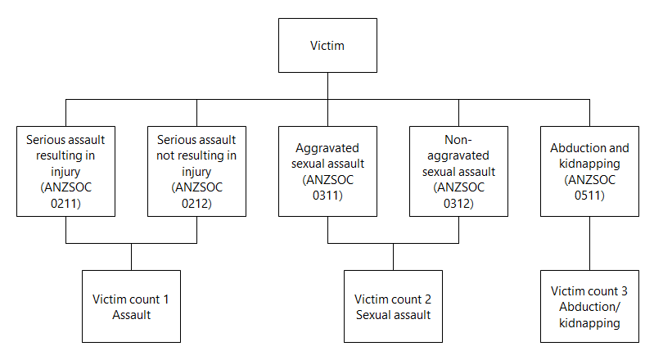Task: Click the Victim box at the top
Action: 327,46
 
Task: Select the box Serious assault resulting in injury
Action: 65,171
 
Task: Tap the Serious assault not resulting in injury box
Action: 196,171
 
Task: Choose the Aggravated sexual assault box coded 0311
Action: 327,171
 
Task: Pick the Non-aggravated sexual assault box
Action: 458,171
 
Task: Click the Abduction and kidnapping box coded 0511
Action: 589,171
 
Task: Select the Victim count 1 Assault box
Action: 131,307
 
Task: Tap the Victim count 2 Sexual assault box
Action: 393,307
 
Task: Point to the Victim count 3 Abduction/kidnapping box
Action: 589,307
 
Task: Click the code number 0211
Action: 65,202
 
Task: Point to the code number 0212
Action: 196,202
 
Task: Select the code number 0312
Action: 458,202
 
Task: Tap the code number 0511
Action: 589,195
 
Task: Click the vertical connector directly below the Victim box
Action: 327,86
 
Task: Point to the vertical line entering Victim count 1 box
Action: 131,257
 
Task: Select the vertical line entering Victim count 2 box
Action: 393,257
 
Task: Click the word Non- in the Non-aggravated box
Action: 458,140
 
